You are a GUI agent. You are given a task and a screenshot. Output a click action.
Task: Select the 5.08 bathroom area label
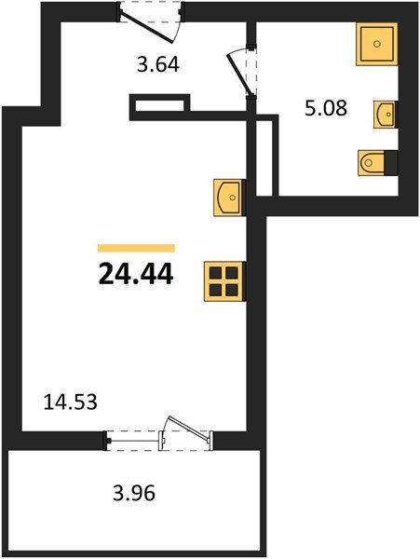coord(325,108)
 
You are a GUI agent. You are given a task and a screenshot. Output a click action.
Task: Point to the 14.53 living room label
coord(71,402)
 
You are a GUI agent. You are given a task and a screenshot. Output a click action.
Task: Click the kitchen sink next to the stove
coord(228,197)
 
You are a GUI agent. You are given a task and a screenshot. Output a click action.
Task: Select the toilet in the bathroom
coord(376,162)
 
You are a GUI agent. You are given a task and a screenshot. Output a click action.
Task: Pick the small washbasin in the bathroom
coord(386,114)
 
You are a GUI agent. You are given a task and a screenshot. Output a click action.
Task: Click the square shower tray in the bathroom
coord(377,43)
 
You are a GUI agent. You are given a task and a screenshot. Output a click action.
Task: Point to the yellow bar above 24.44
coord(136,248)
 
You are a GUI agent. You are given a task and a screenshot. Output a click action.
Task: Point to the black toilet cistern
coord(393,162)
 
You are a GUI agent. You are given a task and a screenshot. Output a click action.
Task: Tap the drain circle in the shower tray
coord(377,43)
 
